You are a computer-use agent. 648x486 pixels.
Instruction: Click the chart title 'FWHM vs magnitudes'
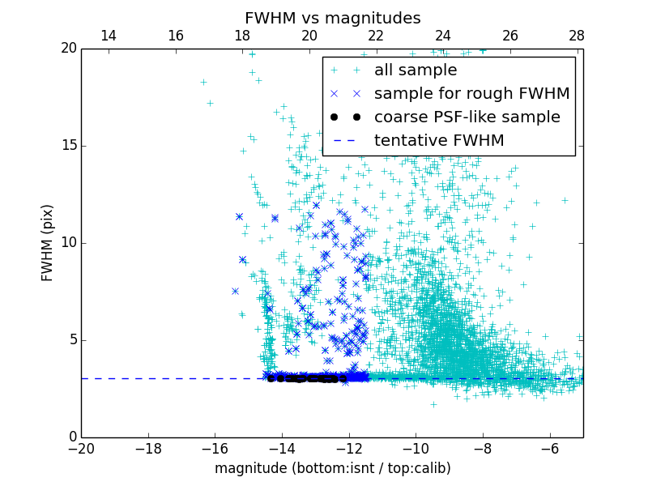click(x=332, y=18)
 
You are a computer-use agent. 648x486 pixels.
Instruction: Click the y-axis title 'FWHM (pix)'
click(x=48, y=242)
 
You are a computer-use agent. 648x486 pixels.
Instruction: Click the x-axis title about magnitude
click(x=332, y=468)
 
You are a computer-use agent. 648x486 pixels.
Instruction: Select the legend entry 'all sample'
click(x=416, y=70)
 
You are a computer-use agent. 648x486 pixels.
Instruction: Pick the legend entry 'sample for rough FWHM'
click(x=471, y=94)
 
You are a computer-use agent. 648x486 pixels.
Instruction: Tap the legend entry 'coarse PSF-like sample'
click(x=467, y=117)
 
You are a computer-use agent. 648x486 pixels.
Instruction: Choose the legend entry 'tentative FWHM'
click(x=439, y=141)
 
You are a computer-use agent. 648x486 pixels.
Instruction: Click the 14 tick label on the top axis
click(x=109, y=36)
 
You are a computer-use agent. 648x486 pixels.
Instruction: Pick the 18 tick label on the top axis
click(x=242, y=36)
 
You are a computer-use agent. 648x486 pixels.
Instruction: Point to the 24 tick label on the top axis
click(x=443, y=36)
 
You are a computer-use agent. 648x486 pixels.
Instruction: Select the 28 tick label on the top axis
click(x=577, y=36)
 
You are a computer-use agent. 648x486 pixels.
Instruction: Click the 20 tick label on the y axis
click(x=67, y=49)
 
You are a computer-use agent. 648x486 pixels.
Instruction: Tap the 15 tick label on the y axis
click(x=67, y=146)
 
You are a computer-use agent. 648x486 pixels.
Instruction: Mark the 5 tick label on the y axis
click(x=71, y=340)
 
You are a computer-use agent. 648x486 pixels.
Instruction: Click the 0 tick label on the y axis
click(x=71, y=437)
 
